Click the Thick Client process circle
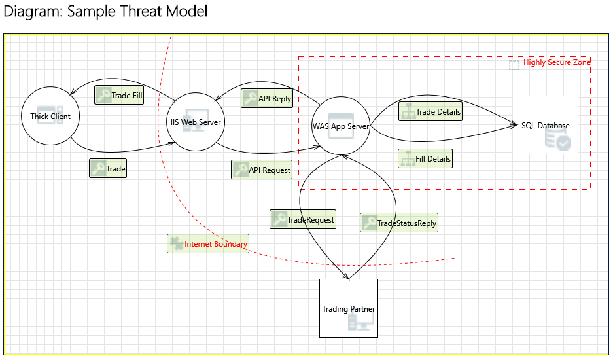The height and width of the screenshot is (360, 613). click(50, 117)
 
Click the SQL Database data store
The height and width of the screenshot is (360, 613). click(545, 125)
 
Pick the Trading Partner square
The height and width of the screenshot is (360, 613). click(348, 308)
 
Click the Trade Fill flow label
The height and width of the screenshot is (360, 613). click(119, 96)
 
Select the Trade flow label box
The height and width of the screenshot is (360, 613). click(108, 168)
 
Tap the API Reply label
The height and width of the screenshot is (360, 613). click(266, 99)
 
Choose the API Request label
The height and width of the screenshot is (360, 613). click(261, 170)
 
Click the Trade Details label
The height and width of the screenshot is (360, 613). click(430, 111)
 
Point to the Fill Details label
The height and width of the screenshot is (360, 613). click(425, 158)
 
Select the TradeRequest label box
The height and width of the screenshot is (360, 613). click(303, 219)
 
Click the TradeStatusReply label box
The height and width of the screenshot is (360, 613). click(398, 223)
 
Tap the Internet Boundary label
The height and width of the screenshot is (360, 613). click(208, 243)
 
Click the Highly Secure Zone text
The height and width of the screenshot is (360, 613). click(557, 63)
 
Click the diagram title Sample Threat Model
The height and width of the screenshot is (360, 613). click(105, 12)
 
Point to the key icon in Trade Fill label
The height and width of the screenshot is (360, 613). click(103, 96)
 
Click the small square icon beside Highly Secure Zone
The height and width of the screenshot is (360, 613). click(515, 64)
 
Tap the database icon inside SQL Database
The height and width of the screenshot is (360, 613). click(557, 138)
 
